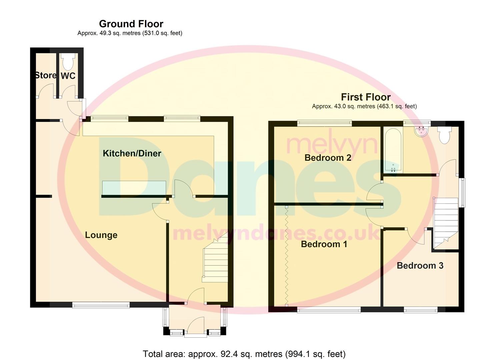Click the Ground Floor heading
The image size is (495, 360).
click(131, 24)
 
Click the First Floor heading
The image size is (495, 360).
click(366, 97)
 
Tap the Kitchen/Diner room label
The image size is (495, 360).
click(132, 153)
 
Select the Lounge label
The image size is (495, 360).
click(101, 235)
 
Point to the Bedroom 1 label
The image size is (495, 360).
click(324, 244)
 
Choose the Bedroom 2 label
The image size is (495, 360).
click(328, 158)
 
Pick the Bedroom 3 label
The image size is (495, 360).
click(420, 265)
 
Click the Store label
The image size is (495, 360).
click(46, 75)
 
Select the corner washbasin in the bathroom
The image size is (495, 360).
click(422, 131)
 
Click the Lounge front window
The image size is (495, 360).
click(101, 305)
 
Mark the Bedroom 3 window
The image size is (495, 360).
click(421, 310)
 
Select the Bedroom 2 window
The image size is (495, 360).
click(324, 123)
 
